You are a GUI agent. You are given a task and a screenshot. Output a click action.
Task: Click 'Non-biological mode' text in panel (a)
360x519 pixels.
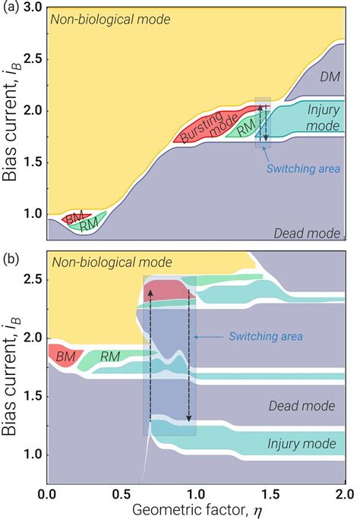point(110,17)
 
